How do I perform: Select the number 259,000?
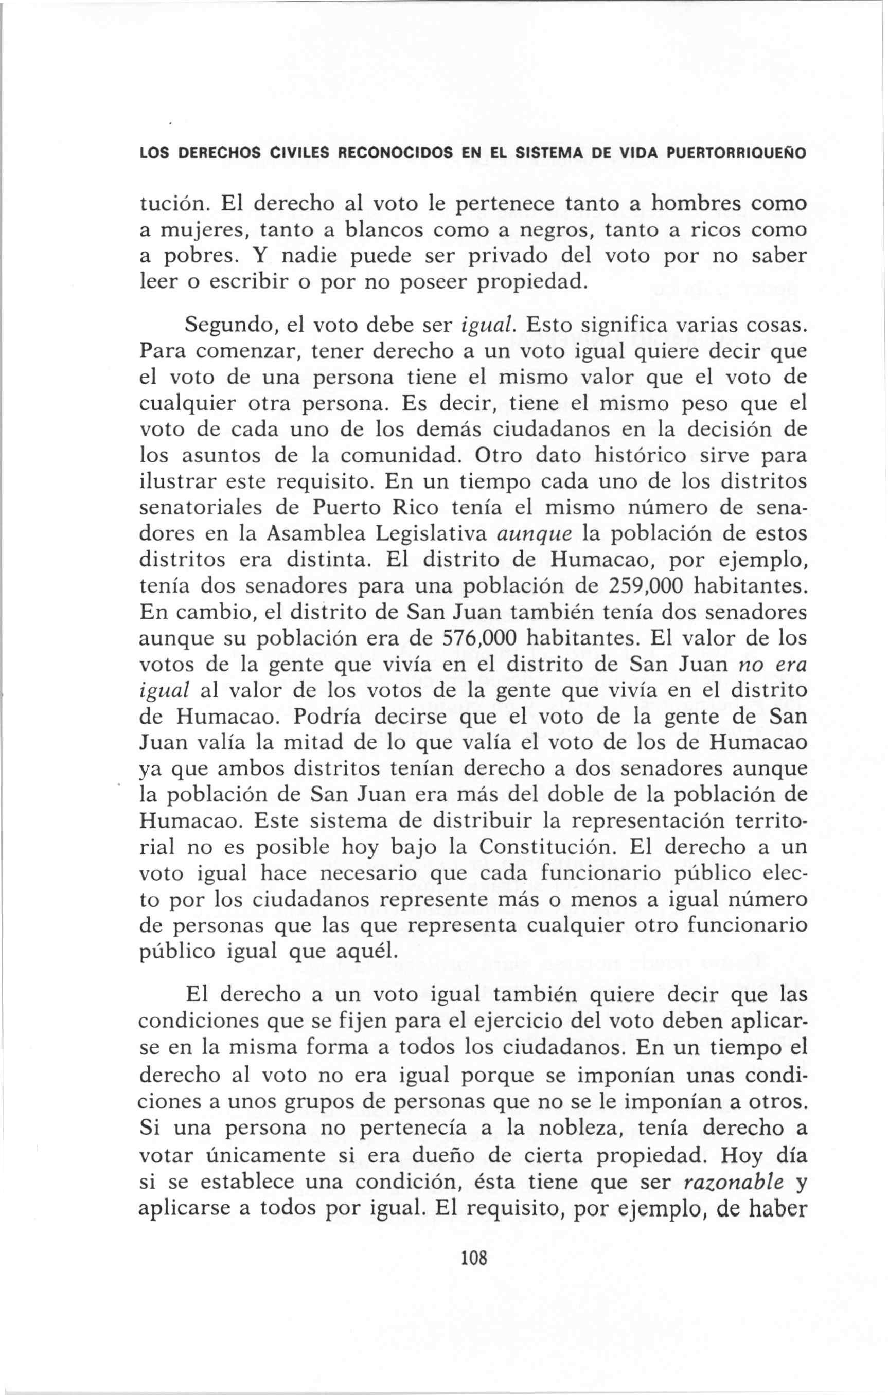click(637, 586)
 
